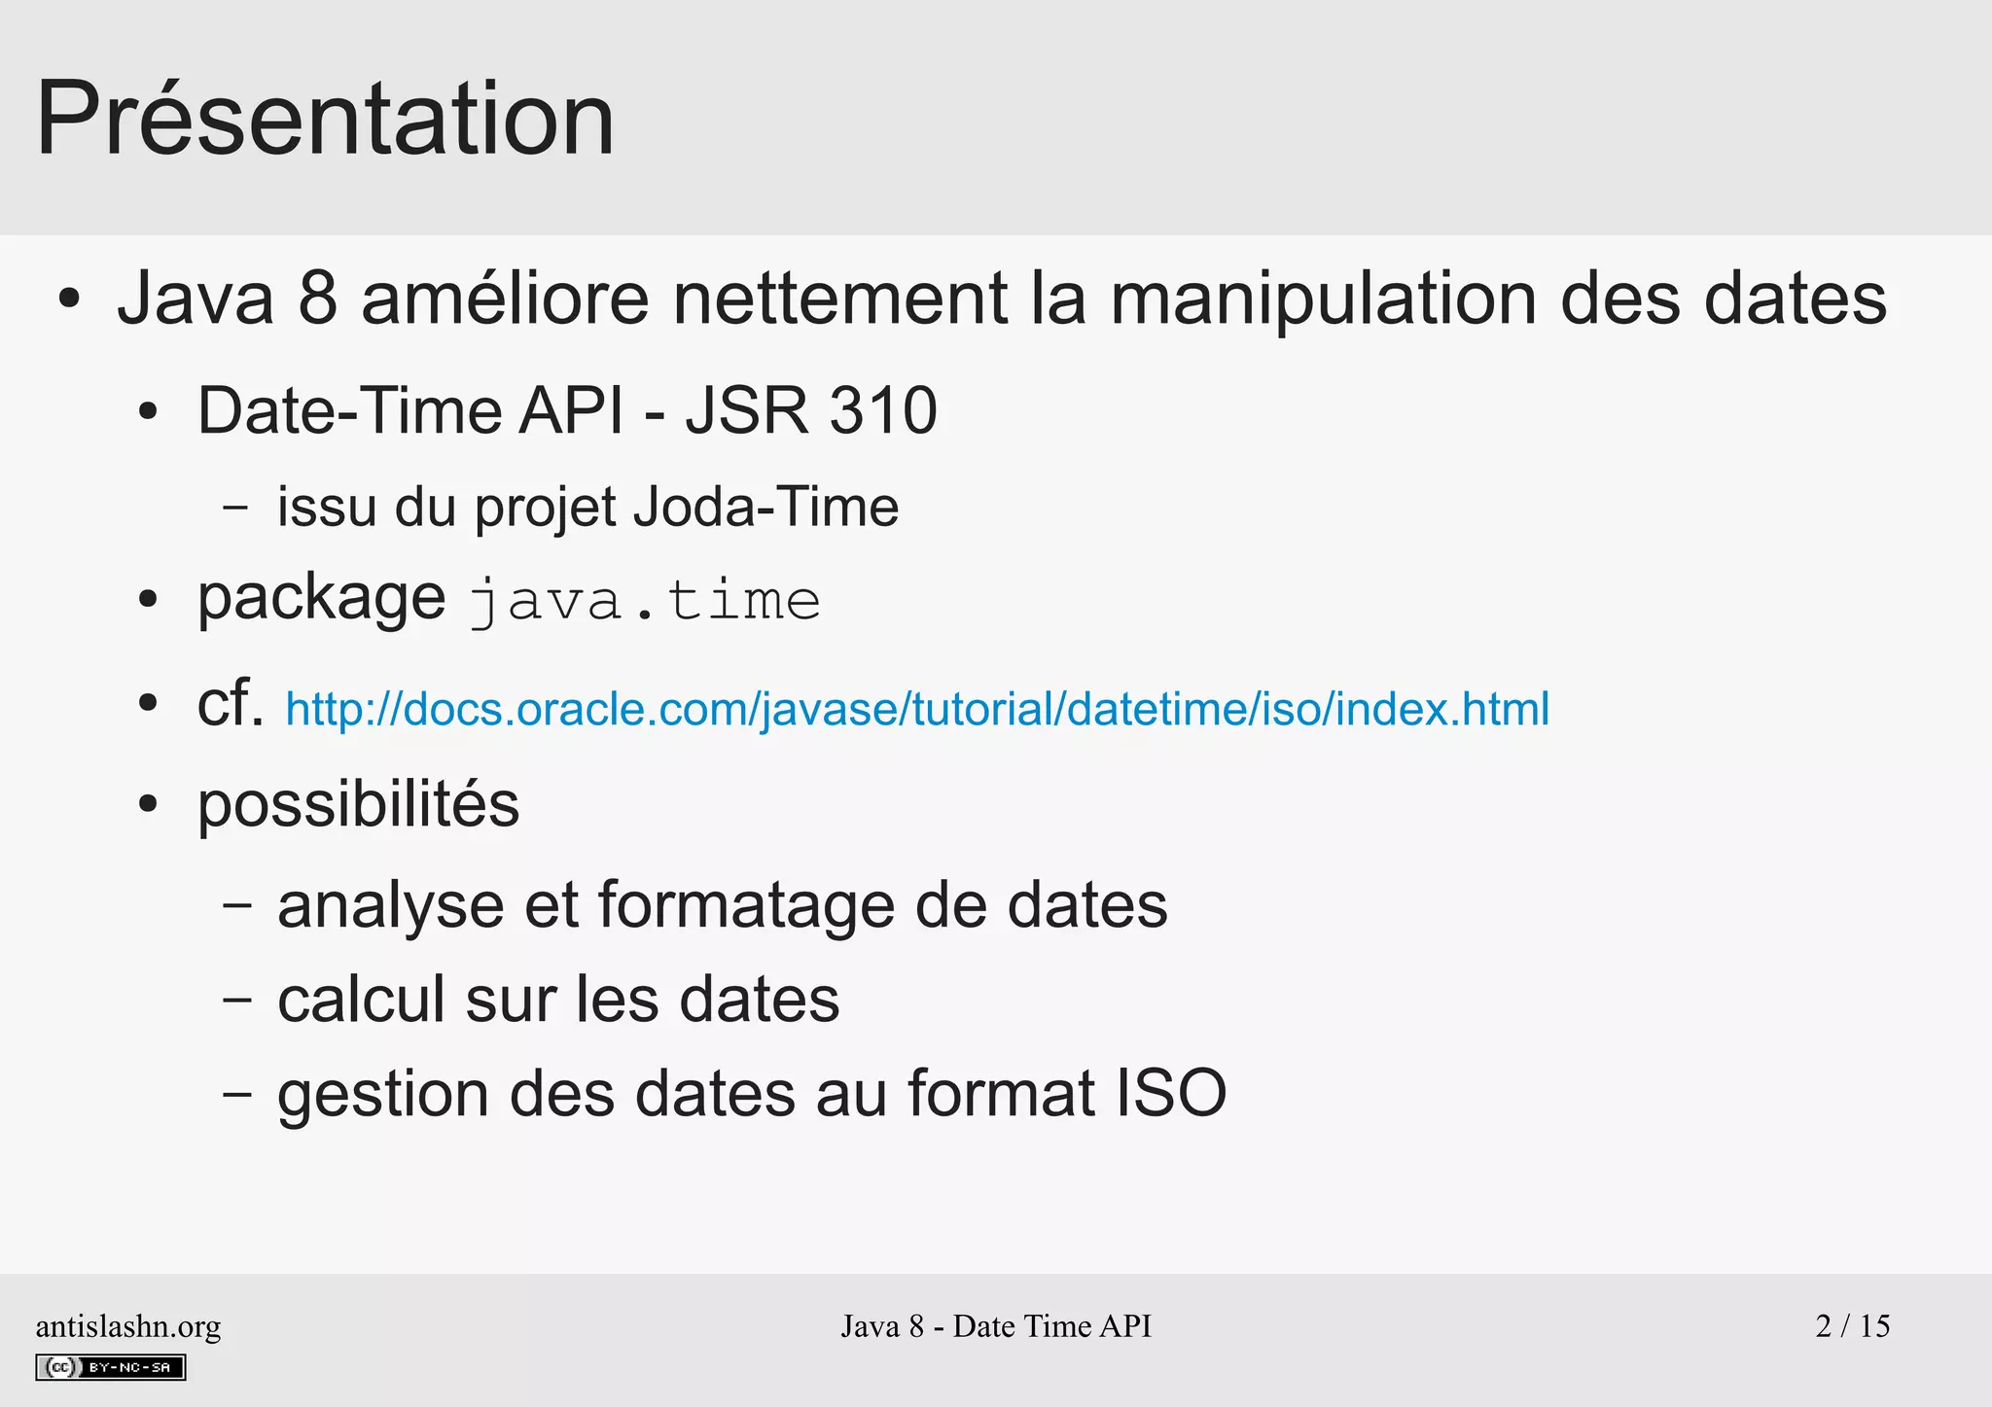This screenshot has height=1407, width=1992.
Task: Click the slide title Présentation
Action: pos(325,119)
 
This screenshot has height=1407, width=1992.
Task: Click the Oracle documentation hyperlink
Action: pos(916,709)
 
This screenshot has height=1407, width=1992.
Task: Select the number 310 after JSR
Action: pos(883,410)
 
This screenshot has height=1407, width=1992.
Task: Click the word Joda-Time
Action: pos(765,507)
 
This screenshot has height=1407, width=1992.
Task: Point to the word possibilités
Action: pos(358,805)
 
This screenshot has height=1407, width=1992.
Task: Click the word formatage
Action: pos(746,905)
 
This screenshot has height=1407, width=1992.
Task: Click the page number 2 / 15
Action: pos(1852,1325)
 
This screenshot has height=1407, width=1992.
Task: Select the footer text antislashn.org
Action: pos(128,1326)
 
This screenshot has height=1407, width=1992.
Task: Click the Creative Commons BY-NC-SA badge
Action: pos(111,1367)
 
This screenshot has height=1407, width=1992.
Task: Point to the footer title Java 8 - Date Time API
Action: pos(996,1326)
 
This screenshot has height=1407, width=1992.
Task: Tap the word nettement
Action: pos(840,298)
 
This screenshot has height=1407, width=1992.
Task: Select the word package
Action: pos(321,599)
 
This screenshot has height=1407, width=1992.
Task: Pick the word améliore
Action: pos(505,298)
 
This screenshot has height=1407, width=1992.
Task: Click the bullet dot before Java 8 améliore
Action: pos(68,299)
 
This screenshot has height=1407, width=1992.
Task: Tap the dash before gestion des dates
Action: pos(236,1094)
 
